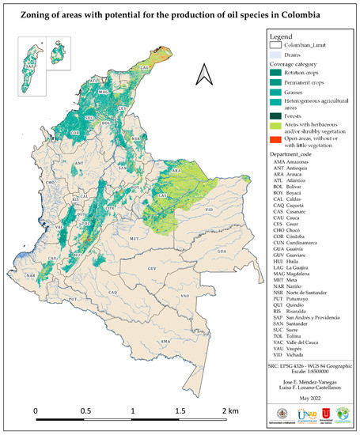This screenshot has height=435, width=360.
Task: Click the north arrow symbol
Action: coord(204,75)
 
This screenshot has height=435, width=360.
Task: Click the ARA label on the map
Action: coord(177,169)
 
